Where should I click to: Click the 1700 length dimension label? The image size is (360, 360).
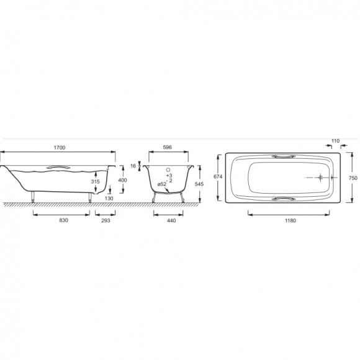click(x=60, y=148)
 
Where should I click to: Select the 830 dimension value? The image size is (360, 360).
click(x=63, y=220)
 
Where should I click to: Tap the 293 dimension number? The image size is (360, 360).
click(x=106, y=220)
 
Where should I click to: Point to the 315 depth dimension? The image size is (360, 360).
click(x=96, y=182)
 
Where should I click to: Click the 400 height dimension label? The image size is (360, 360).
click(x=122, y=180)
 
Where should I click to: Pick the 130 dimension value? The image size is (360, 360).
click(x=109, y=199)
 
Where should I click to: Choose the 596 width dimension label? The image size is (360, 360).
click(x=167, y=147)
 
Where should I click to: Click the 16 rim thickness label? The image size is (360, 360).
click(x=133, y=166)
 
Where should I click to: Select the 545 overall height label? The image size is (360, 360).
click(x=199, y=184)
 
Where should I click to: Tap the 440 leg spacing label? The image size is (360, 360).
click(x=171, y=220)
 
